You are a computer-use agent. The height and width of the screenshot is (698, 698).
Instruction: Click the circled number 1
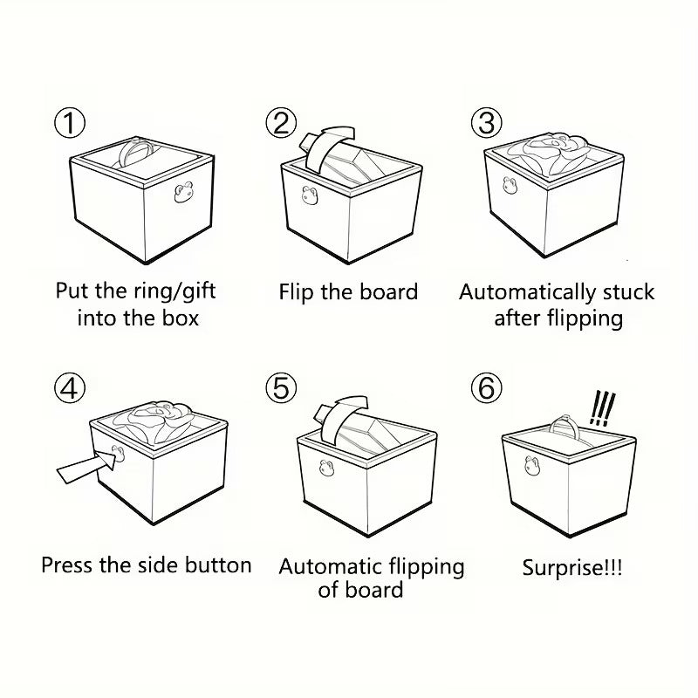[x=70, y=123]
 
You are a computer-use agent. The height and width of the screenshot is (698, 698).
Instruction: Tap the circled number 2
[x=281, y=123]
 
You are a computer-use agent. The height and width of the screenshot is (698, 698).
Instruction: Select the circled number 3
[x=487, y=123]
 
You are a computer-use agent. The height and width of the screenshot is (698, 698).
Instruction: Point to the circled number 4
[x=70, y=387]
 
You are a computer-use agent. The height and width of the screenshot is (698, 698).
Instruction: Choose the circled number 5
[x=281, y=387]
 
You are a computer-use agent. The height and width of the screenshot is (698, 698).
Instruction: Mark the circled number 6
[x=487, y=387]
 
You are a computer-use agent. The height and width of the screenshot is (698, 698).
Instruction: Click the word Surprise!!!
[x=572, y=568]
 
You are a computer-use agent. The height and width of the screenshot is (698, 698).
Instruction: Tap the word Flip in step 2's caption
[x=296, y=291]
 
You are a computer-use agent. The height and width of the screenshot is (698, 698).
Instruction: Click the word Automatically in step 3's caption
[x=530, y=291]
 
